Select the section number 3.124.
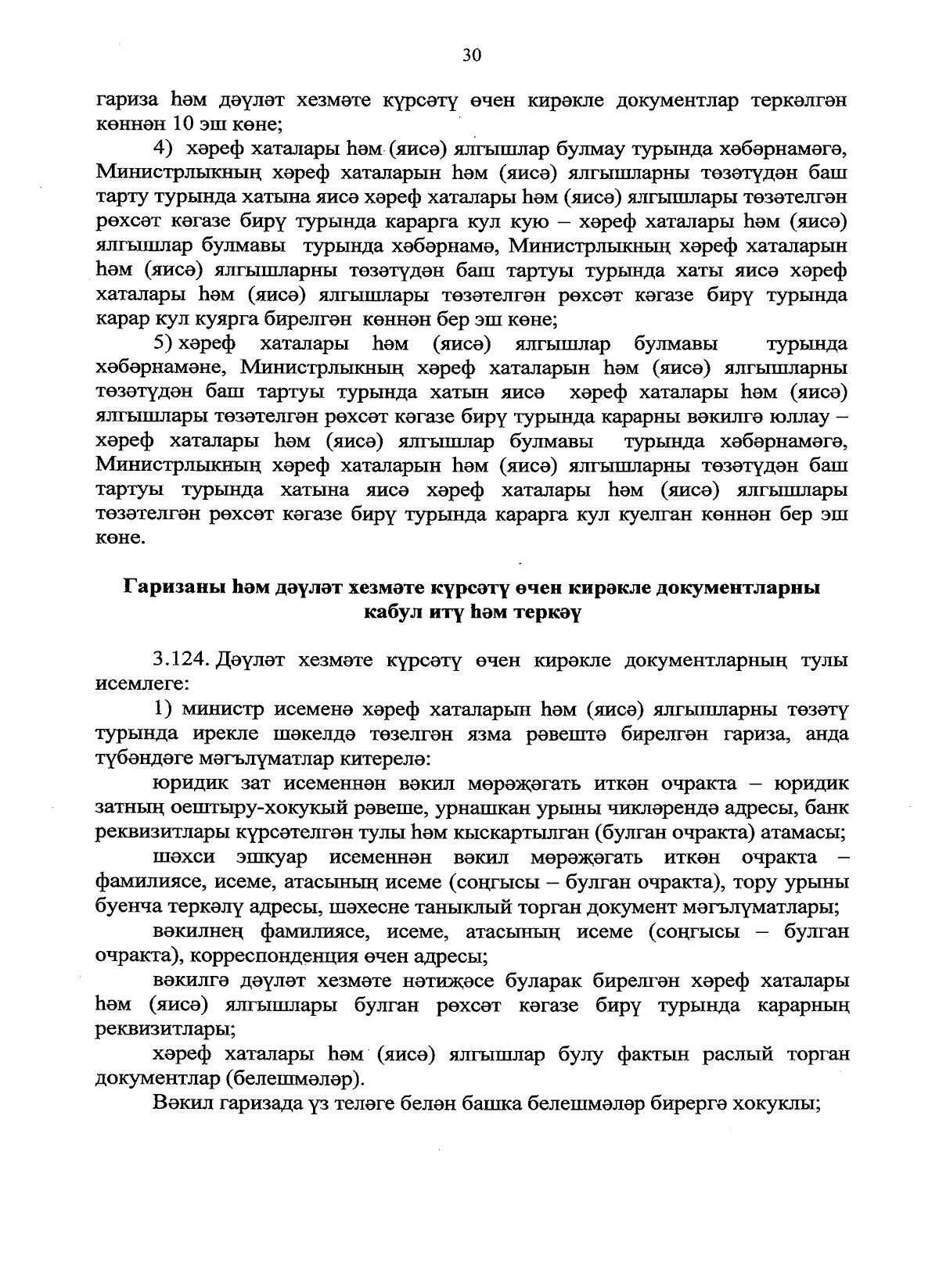pyautogui.click(x=181, y=661)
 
